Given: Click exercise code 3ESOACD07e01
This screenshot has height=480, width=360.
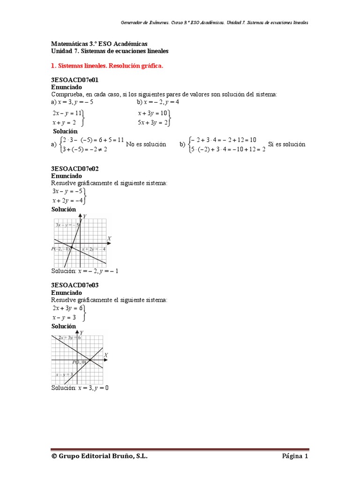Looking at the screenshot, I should (x=75, y=80).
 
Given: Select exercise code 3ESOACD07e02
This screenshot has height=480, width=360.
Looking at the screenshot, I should (x=75, y=168).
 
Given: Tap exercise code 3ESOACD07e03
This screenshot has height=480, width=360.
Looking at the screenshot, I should (x=75, y=285).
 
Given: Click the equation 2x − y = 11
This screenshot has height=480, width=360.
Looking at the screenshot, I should (x=67, y=113).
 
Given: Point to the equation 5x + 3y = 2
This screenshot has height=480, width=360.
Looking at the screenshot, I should (x=153, y=123).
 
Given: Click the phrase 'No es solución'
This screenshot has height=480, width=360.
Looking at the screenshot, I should (x=146, y=145).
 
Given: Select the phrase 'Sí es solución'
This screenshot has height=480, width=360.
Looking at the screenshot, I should (x=286, y=144).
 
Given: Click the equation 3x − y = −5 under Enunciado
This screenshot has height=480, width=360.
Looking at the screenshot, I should (x=67, y=191).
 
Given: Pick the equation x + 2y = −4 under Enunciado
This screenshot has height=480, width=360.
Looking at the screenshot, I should (x=67, y=201).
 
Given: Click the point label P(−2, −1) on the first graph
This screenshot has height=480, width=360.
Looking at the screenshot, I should (x=61, y=249).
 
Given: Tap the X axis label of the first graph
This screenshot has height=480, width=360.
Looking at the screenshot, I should (x=109, y=239).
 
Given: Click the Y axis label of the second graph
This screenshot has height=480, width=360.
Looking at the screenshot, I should (x=82, y=332).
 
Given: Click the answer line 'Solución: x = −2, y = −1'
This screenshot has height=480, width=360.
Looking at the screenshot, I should (x=84, y=271).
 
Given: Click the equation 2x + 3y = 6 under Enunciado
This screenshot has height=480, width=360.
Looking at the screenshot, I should (x=67, y=308).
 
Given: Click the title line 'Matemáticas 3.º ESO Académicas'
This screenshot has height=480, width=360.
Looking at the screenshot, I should (x=98, y=43).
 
